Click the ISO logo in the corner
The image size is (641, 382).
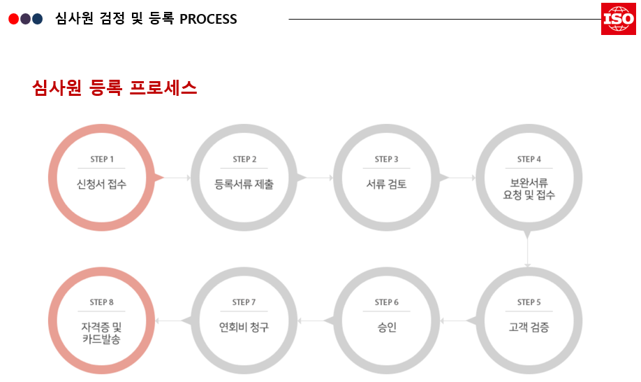pos(618,19)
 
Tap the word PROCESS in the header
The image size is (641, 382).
pos(208,19)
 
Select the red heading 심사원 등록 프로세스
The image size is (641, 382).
pos(115,88)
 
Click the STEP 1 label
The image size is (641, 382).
pos(102,160)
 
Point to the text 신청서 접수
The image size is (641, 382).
pos(102,185)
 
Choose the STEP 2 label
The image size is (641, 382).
pos(244,160)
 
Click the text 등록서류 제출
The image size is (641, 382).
pos(244,185)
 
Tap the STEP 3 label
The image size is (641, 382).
pos(387,160)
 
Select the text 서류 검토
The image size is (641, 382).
pos(387,185)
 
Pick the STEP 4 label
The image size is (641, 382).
pos(529,160)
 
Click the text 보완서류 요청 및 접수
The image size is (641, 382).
pos(529,190)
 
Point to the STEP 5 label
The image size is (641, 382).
pos(529,302)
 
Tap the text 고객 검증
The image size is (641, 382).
pos(529,327)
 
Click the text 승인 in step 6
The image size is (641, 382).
pos(387,327)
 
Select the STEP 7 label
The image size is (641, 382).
pos(244,302)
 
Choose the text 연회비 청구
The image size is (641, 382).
pos(244,327)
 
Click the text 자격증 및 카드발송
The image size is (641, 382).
pos(102,332)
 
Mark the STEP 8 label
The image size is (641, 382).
pos(102,302)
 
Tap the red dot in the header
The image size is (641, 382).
pos(13,19)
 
